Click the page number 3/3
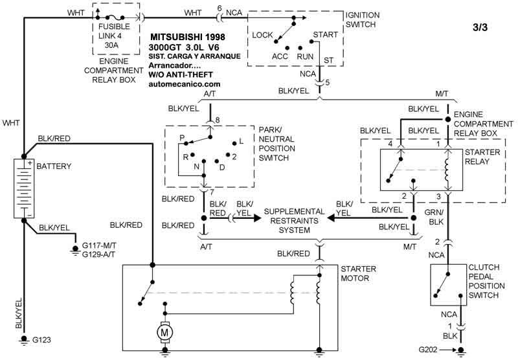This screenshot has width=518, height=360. [482, 28]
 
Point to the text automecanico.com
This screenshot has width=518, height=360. [185, 84]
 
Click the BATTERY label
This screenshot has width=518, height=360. [54, 166]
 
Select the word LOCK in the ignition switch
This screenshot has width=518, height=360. [262, 35]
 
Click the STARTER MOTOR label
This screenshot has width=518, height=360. [355, 273]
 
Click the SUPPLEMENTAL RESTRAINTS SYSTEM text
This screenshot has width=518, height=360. [285, 220]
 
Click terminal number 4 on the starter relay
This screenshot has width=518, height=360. [391, 142]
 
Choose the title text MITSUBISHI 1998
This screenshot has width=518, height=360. [188, 38]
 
